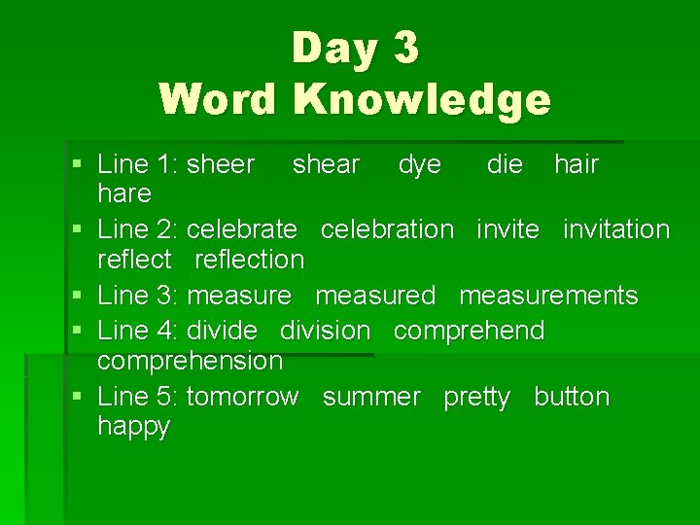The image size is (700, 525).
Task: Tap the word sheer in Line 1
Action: pyautogui.click(x=221, y=164)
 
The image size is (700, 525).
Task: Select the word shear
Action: pyautogui.click(x=326, y=164)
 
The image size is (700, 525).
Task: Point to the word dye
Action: pyautogui.click(x=419, y=165)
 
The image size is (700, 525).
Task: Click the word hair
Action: pyautogui.click(x=577, y=164)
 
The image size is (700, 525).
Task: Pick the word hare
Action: pyautogui.click(x=124, y=193)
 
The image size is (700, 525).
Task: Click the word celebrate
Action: pyautogui.click(x=241, y=229)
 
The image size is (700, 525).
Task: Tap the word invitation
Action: pyautogui.click(x=616, y=229)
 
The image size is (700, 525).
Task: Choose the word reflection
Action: pyautogui.click(x=250, y=259)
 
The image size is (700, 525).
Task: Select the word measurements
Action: pyautogui.click(x=548, y=295)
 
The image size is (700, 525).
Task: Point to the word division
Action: pyautogui.click(x=325, y=331)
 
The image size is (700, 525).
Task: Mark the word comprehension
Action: pyautogui.click(x=191, y=362)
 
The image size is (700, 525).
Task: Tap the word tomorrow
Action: pyautogui.click(x=242, y=397)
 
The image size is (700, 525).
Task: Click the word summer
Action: pyautogui.click(x=371, y=397)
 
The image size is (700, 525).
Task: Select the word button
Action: pyautogui.click(x=572, y=397)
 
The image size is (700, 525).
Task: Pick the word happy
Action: pyautogui.click(x=134, y=427)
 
